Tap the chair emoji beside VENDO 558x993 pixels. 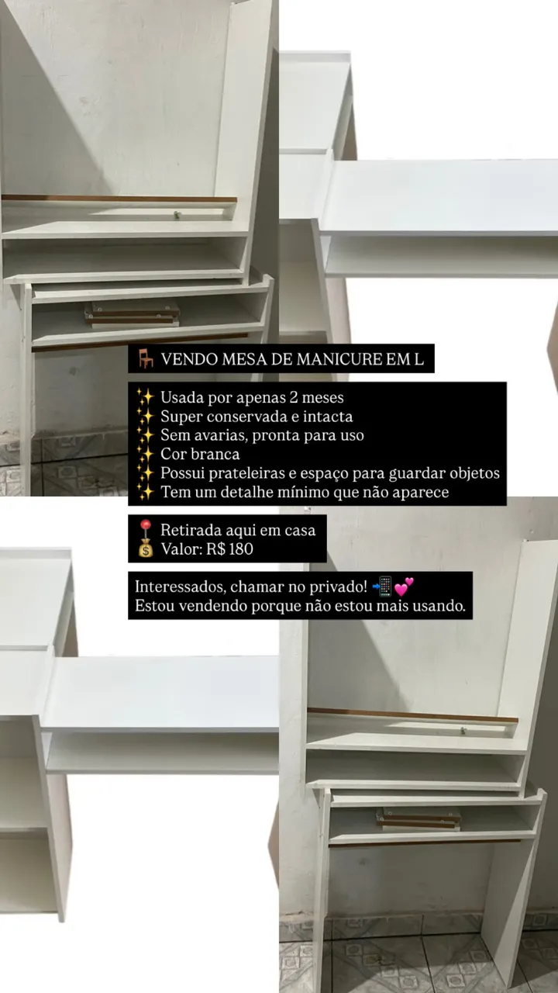click(x=146, y=358)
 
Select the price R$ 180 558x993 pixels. click(x=229, y=548)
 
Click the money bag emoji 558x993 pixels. click(x=145, y=550)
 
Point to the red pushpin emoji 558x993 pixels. click(x=145, y=529)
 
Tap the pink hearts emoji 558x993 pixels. click(x=404, y=587)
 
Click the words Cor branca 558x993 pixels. click(x=200, y=454)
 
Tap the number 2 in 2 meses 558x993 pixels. click(x=293, y=397)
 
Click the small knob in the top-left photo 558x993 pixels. click(x=177, y=215)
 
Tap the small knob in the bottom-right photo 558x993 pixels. click(x=463, y=730)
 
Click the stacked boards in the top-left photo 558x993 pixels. click(x=132, y=314)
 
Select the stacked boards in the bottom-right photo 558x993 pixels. click(x=418, y=819)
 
